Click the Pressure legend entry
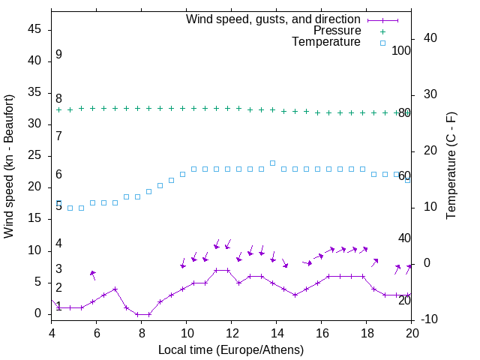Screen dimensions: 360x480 [x=337, y=31]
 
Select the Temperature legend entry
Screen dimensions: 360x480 [x=326, y=43]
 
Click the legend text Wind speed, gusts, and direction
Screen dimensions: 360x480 [x=274, y=19]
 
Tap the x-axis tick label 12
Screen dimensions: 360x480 [x=232, y=334]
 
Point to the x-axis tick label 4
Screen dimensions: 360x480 [x=52, y=334]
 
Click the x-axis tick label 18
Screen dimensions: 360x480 [x=367, y=334]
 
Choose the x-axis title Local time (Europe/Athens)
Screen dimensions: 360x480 [x=232, y=349]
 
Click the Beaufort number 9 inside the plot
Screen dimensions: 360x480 [x=58, y=55]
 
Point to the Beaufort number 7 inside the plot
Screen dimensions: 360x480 [x=58, y=136]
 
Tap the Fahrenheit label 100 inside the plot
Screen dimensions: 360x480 [x=401, y=51]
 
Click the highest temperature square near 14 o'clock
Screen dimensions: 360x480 [x=272, y=163]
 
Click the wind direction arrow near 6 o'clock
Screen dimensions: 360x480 [x=93, y=274]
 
